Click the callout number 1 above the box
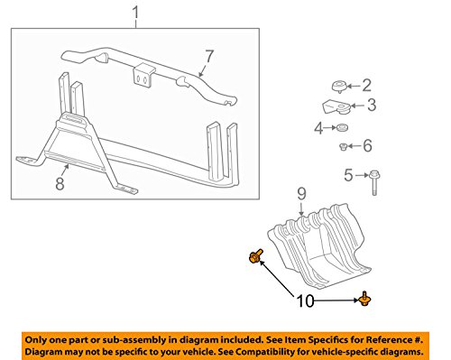[136, 13]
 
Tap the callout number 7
[209, 56]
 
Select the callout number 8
[60, 183]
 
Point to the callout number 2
[366, 86]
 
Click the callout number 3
[372, 105]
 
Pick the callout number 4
[318, 128]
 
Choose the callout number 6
[367, 146]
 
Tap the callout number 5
[348, 175]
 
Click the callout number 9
[301, 194]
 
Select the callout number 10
[305, 300]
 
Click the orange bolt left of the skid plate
[255, 256]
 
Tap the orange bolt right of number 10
[365, 300]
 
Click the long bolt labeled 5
[374, 182]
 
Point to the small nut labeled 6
[343, 147]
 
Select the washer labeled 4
[342, 127]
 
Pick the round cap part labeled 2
[339, 86]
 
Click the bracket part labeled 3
[336, 107]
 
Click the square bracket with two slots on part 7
[143, 76]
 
